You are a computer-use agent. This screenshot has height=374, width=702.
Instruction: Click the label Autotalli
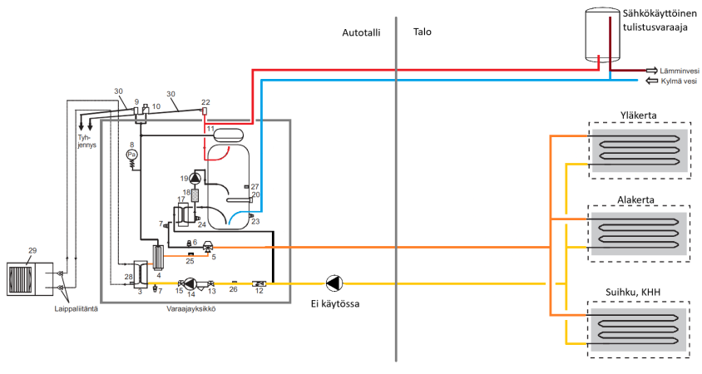pos(361,32)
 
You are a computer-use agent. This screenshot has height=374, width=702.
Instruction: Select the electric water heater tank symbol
pos(604,32)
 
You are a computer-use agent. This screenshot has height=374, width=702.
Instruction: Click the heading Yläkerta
pos(639,115)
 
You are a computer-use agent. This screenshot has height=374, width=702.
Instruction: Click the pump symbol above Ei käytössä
pos(334,283)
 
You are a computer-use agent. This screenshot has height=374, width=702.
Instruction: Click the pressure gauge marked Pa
pos(131,155)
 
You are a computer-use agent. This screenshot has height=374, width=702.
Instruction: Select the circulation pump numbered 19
pos(195,177)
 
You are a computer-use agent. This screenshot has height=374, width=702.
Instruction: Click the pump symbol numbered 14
pos(190,283)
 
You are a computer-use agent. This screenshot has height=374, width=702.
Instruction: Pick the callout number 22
pos(205,101)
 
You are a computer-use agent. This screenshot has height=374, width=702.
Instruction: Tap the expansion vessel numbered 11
pos(225,131)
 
